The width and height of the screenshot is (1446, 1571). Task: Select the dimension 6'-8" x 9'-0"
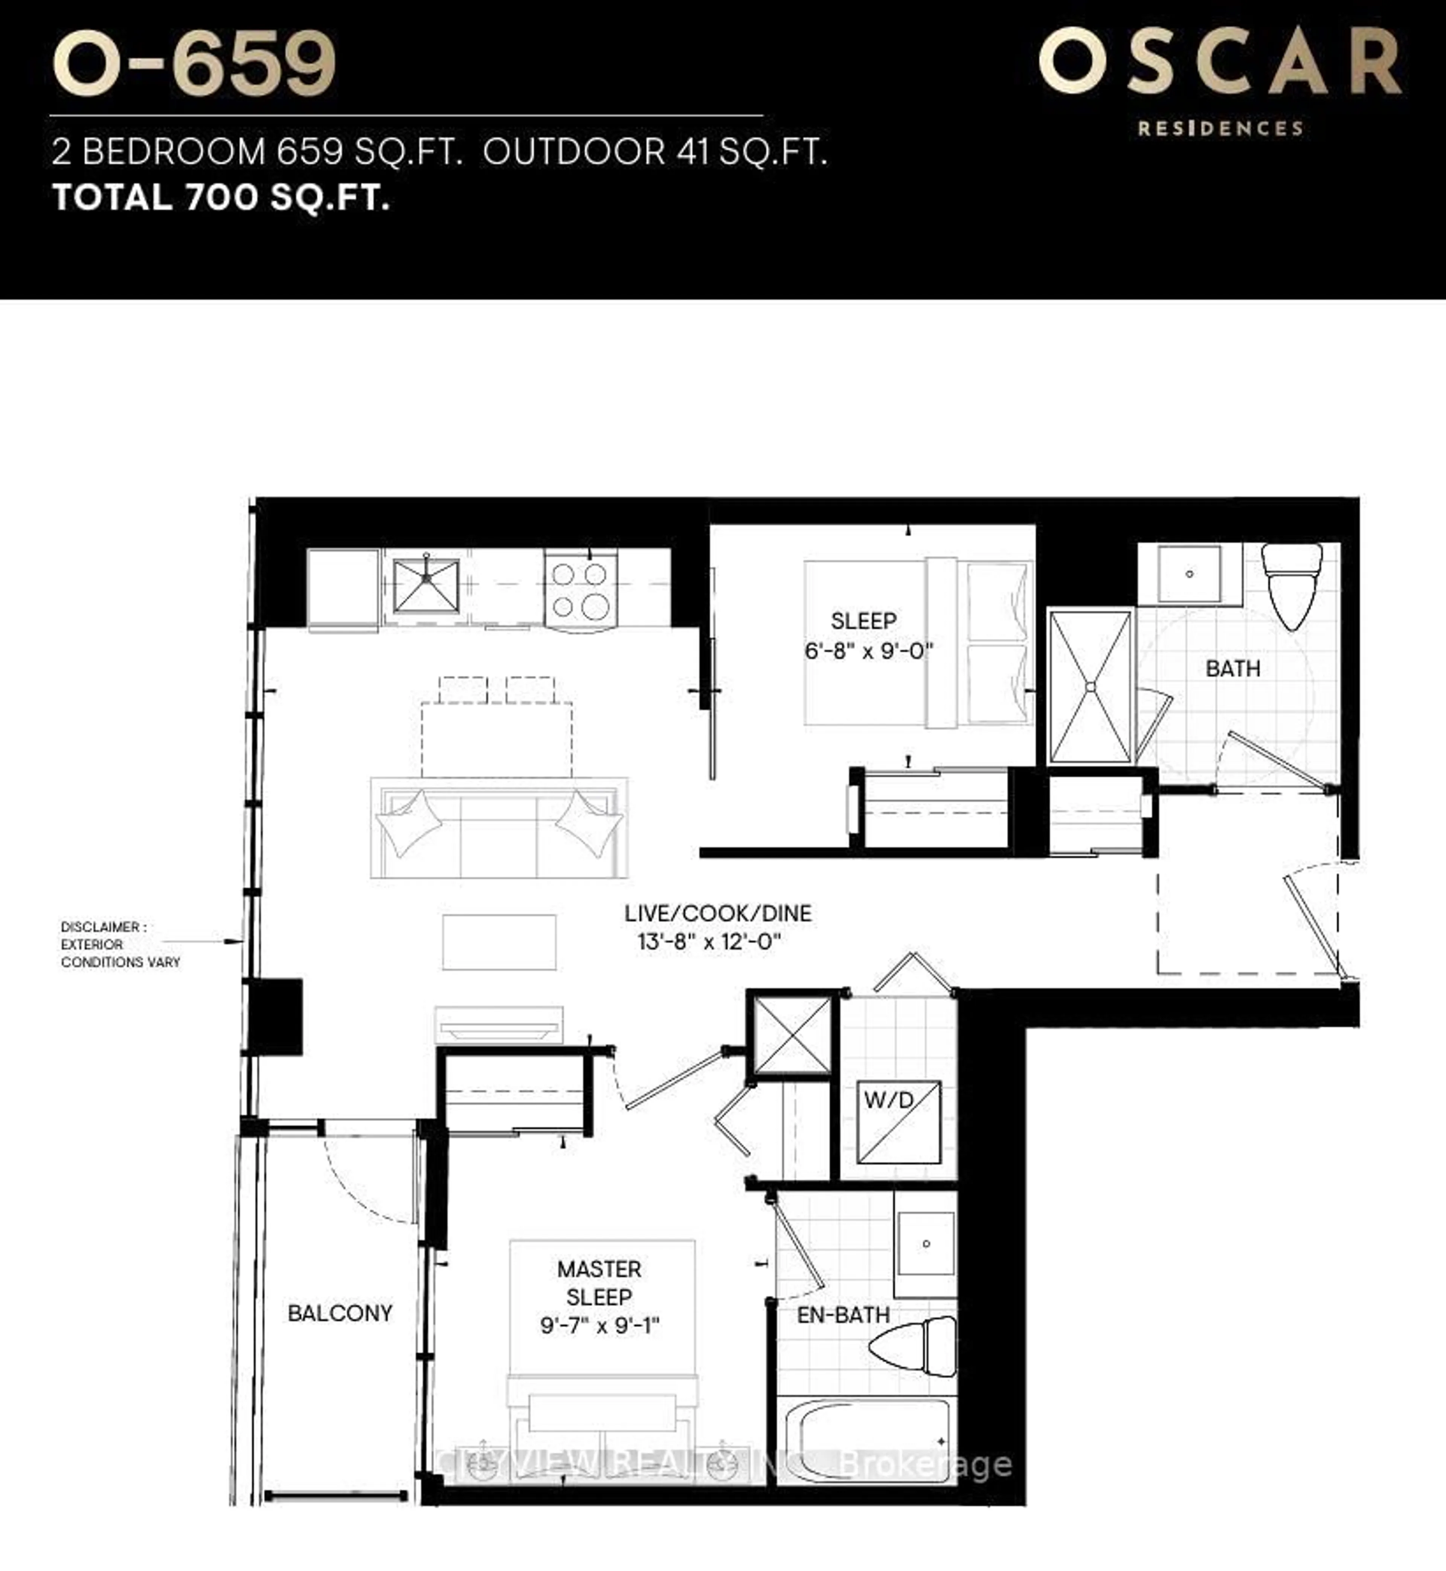pos(868,651)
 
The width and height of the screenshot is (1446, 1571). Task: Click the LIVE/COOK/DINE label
pos(717,913)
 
